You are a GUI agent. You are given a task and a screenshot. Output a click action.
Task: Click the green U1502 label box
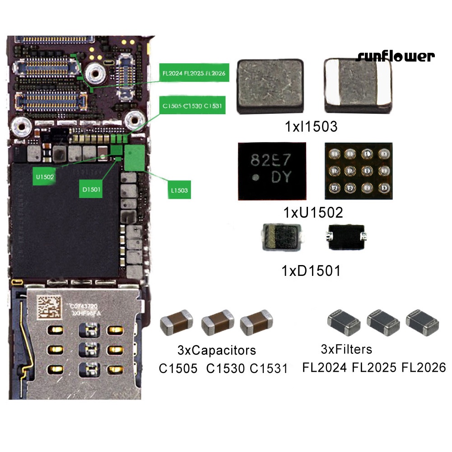(45, 177)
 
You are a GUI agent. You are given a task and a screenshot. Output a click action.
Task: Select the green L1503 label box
(179, 190)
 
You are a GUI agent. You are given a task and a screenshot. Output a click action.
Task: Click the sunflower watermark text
(395, 56)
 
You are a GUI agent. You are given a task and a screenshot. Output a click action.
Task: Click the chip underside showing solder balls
(359, 172)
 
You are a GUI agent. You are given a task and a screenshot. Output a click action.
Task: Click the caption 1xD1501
(311, 271)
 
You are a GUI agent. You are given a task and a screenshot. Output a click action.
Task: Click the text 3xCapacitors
(216, 350)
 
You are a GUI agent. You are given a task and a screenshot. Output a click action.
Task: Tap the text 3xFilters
(346, 349)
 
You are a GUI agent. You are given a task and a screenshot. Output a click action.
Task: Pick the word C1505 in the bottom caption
(178, 368)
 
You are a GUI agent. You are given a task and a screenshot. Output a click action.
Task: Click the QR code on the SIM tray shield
(49, 307)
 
